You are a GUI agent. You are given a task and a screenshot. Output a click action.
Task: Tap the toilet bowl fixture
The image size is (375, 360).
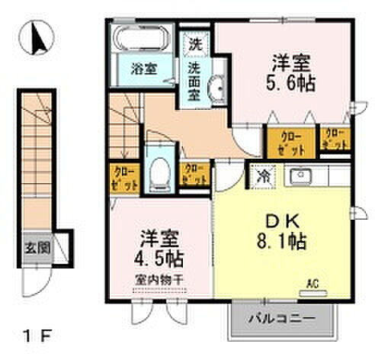159,171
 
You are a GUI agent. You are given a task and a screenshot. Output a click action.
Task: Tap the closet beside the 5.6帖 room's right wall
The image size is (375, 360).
335,139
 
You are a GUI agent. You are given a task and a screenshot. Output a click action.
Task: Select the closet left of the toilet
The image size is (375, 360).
123,177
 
